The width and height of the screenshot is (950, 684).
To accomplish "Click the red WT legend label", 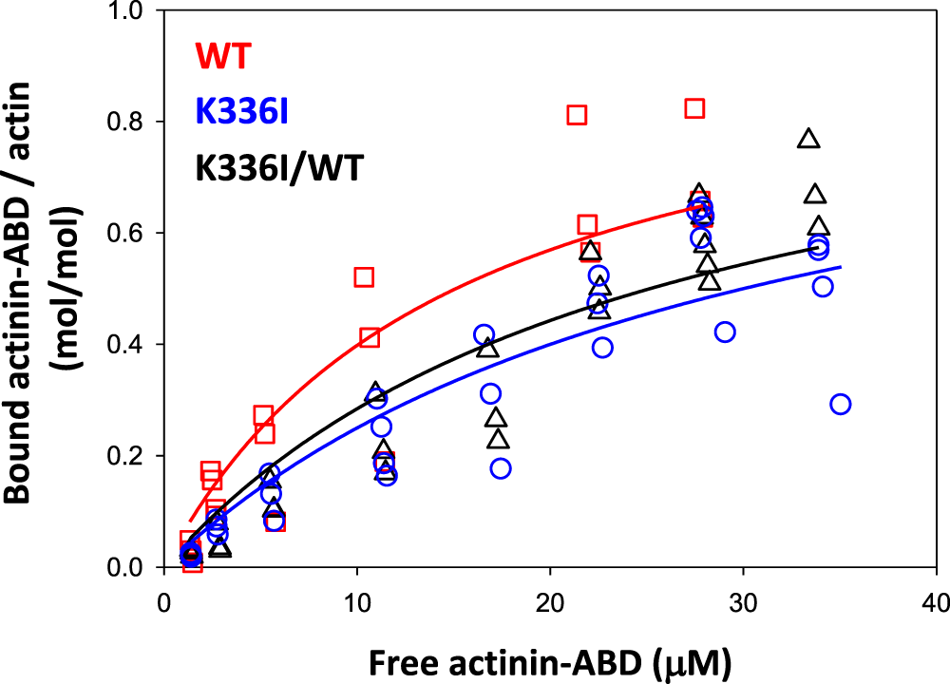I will click(223, 56).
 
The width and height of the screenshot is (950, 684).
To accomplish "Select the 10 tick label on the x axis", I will click(356, 603).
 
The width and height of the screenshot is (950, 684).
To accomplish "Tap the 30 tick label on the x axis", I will click(742, 603).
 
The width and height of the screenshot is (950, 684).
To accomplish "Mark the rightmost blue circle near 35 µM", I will click(840, 404).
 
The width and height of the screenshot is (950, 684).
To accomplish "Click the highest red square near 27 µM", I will click(694, 108).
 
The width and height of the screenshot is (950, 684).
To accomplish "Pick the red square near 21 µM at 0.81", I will click(577, 115).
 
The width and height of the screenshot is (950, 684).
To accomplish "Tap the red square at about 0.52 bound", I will click(364, 277).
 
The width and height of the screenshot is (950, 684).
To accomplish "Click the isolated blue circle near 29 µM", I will click(725, 332).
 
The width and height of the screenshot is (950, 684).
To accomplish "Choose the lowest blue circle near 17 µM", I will click(501, 468).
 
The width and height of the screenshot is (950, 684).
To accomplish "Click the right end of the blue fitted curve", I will click(841, 267).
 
